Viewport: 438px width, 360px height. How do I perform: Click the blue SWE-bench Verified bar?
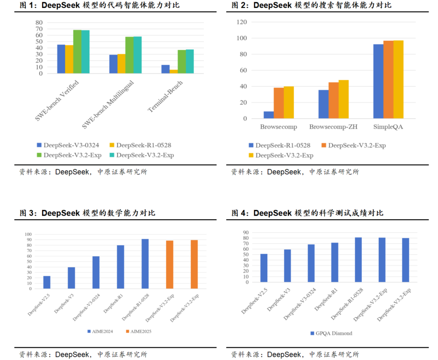[61, 59]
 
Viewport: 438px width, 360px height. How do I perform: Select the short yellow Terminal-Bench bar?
[173, 71]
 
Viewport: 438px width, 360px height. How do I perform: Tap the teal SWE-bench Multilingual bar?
[137, 55]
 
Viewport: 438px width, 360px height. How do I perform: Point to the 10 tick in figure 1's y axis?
[39, 67]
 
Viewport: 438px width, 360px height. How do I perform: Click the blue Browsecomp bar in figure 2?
[268, 115]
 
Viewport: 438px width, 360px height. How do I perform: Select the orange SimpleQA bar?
[388, 79]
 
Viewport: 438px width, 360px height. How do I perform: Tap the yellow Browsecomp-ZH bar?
[343, 99]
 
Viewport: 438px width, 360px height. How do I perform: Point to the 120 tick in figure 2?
[242, 22]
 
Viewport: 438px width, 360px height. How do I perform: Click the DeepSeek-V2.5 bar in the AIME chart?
[47, 282]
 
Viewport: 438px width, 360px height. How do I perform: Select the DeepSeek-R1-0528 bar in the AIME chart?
[145, 264]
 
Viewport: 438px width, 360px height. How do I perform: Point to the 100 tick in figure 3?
[29, 234]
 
